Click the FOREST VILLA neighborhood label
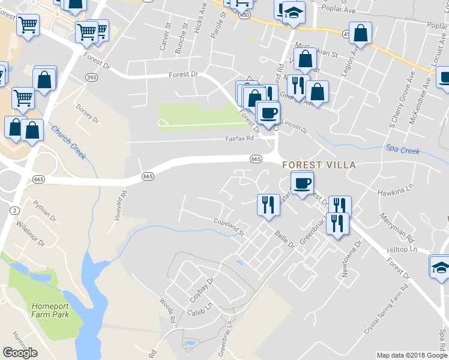pyautogui.click(x=319, y=165)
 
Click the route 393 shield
pyautogui.click(x=91, y=77)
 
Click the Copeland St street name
pyautogui.click(x=229, y=226)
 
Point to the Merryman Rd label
pyautogui.click(x=396, y=224)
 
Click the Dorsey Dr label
pyautogui.click(x=87, y=112)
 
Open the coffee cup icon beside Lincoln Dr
pyautogui.click(x=268, y=112)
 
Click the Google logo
pyautogui.click(x=19, y=353)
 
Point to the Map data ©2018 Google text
pyautogui.click(x=412, y=355)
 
